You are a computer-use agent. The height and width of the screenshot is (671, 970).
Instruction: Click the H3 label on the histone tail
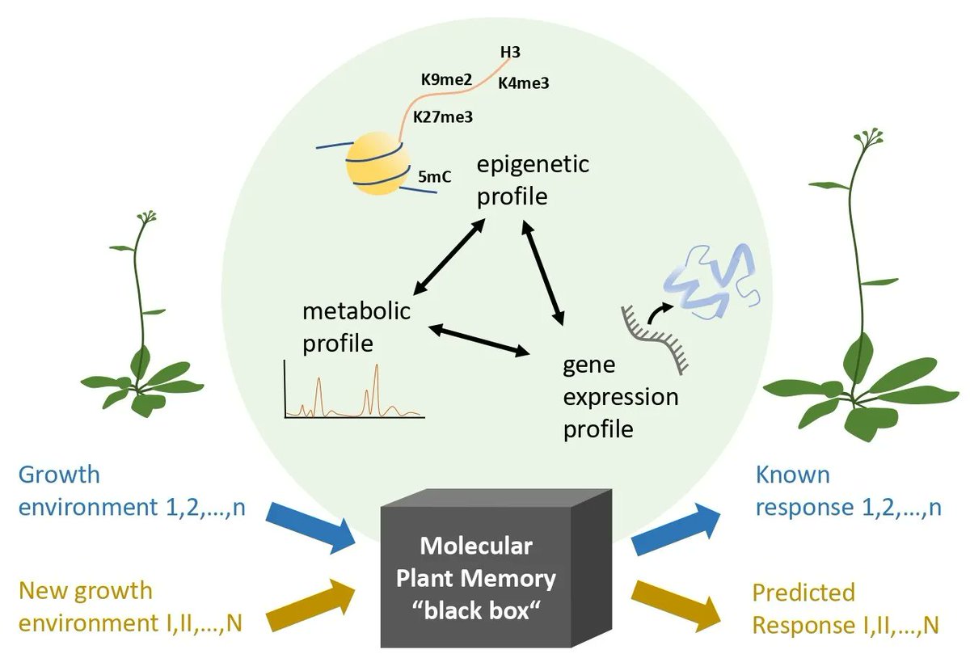pos(510,53)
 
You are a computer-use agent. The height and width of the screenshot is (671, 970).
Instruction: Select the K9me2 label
pos(446,80)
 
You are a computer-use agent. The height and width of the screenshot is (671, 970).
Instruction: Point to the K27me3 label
pos(442,116)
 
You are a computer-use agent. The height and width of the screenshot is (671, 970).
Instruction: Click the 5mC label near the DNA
pos(435,175)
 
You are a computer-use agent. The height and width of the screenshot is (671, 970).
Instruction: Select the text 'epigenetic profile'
pos(532,179)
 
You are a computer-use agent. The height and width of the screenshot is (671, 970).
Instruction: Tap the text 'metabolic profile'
pos(356,327)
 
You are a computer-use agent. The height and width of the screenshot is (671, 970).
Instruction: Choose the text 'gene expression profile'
pos(620,397)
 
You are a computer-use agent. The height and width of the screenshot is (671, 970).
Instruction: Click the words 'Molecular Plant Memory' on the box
pos(476,563)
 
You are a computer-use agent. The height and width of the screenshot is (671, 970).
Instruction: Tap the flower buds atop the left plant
pos(147,217)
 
